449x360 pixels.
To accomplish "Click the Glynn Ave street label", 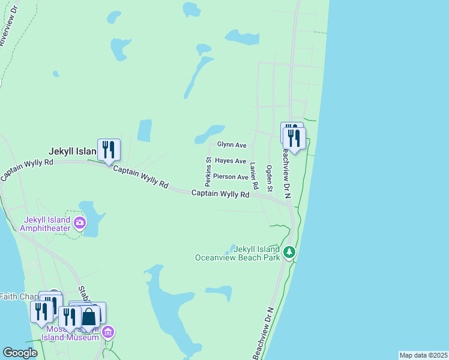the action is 232,145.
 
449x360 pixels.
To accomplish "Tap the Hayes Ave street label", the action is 231,161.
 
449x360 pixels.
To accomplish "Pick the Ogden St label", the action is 270,179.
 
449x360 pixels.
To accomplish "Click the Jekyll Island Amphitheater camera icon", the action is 80,224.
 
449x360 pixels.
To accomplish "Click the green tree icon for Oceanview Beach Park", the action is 289,251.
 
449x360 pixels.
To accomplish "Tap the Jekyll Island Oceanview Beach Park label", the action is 238,253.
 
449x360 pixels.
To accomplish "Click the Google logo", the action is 20,353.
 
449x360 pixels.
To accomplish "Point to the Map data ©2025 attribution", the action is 423,355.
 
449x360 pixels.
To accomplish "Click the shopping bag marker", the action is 89,316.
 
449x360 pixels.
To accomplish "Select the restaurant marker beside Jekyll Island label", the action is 109,149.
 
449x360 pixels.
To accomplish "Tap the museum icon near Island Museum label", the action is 108,332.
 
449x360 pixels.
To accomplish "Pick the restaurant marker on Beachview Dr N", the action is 294,137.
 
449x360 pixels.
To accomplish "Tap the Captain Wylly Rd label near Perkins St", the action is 220,194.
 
